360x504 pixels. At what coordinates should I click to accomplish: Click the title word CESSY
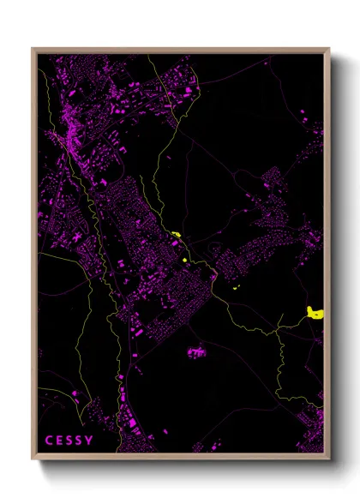tap(69, 441)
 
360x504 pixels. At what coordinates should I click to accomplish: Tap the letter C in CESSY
tap(49, 441)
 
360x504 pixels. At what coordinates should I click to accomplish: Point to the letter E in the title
tap(59, 441)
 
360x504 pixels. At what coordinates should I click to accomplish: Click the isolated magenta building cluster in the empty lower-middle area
tap(196, 351)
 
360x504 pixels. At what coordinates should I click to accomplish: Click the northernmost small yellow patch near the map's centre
tap(175, 234)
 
